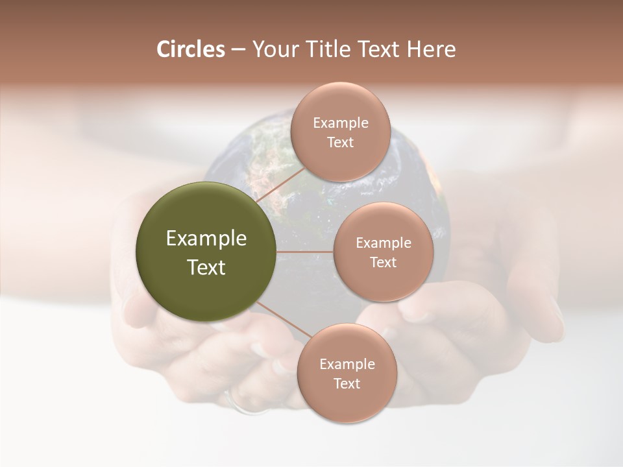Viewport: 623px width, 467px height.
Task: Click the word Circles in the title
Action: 190,49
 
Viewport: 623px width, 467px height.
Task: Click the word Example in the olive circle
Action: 206,239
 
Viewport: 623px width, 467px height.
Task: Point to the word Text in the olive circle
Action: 206,267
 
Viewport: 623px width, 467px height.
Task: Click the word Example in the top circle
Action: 341,123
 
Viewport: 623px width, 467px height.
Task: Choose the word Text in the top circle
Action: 340,143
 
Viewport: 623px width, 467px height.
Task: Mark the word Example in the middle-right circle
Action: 384,243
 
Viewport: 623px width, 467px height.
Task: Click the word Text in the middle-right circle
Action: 384,263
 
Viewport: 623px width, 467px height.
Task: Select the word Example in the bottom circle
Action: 347,365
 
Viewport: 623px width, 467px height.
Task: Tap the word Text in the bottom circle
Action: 347,384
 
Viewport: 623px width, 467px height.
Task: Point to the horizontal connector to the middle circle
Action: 305,252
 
